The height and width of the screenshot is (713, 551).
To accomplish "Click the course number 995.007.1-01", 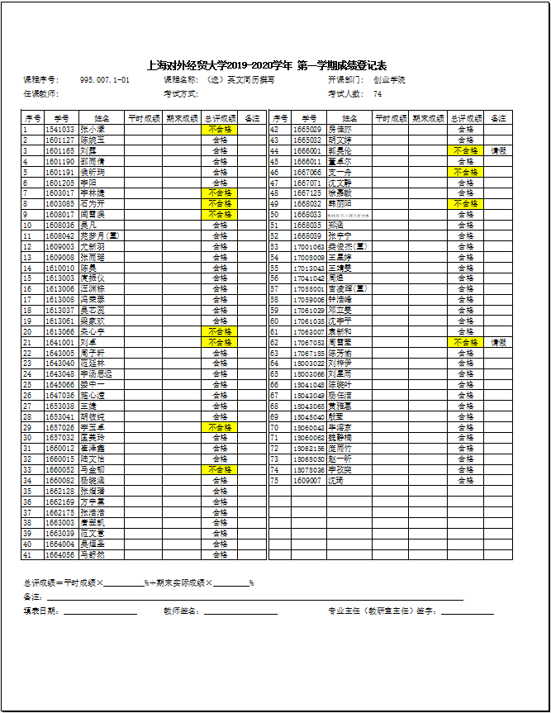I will (x=104, y=80).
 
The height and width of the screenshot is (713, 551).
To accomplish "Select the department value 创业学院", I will (x=389, y=80).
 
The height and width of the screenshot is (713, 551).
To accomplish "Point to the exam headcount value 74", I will (x=378, y=94).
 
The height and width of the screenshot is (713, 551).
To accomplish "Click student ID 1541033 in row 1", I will (x=59, y=130).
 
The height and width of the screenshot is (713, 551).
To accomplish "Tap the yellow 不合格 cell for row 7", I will (x=220, y=193).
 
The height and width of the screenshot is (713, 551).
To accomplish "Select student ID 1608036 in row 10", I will (x=59, y=225).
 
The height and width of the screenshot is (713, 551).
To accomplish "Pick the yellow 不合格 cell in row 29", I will (x=220, y=427).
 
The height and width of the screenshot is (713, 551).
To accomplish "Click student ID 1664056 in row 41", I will (x=59, y=554).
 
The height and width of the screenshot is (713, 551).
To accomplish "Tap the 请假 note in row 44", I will (x=498, y=151).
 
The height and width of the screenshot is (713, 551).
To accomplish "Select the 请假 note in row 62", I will (x=498, y=342).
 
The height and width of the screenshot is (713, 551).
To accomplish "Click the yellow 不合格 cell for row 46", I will (x=465, y=172).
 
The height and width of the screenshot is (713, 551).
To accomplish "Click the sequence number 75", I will (x=274, y=480).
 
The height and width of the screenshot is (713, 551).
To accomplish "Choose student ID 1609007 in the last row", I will (x=306, y=480).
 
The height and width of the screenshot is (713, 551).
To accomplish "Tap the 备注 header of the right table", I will (x=498, y=118).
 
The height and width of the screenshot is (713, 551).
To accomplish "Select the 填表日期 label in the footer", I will (x=41, y=611).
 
